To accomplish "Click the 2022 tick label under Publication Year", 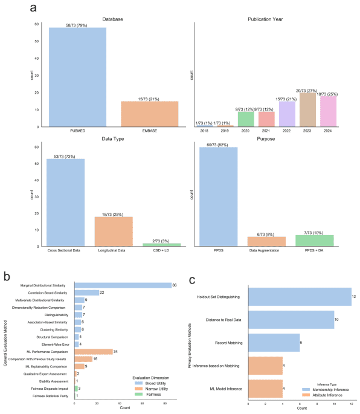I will [x=287, y=131].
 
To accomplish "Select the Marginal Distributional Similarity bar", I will [x=123, y=285].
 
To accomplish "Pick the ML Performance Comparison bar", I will [x=94, y=351].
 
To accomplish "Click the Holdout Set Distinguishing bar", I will [x=300, y=296].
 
